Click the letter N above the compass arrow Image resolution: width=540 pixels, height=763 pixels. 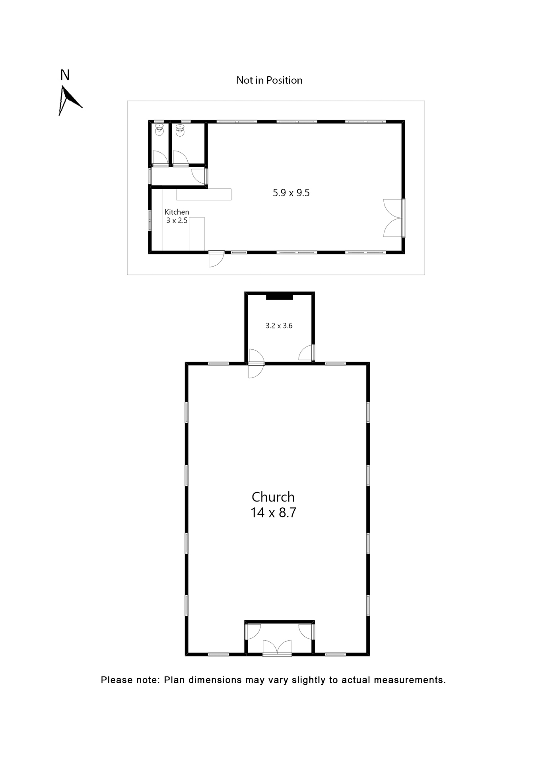(65, 75)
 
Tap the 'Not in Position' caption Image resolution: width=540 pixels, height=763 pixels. (269, 80)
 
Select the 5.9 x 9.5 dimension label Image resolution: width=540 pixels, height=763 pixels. (291, 193)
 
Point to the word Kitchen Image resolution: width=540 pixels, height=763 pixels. (177, 212)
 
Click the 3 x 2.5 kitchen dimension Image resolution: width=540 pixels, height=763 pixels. (177, 221)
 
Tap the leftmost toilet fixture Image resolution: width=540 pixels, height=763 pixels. (159, 130)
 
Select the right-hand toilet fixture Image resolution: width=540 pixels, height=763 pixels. (180, 130)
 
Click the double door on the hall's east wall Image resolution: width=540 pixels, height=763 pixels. (394, 218)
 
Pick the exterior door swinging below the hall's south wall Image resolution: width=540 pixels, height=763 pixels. (216, 259)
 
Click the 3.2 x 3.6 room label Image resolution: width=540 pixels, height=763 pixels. (279, 326)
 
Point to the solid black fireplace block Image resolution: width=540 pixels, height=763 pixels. (279, 297)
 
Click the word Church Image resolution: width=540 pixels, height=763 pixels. (273, 497)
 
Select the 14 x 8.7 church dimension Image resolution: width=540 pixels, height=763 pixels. (273, 513)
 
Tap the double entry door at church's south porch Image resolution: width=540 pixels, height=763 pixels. (277, 647)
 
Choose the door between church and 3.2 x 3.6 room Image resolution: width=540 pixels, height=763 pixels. (256, 363)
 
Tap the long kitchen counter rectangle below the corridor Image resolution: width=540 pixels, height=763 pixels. (204, 194)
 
